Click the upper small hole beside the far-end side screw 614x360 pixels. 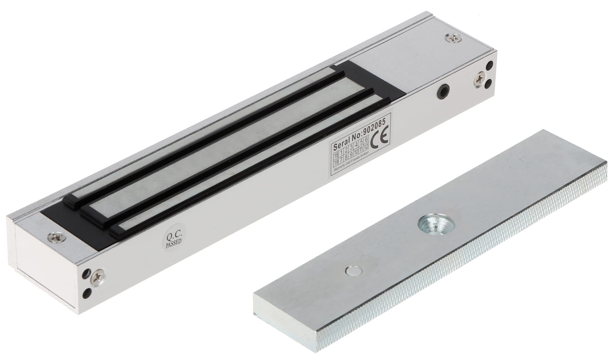[x=490, y=65]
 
